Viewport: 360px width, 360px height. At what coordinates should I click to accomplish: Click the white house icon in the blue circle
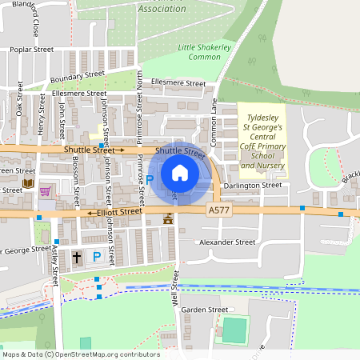(180, 172)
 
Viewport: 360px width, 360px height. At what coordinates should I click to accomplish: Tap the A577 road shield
(218, 210)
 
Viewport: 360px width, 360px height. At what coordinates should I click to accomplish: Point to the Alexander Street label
(226, 242)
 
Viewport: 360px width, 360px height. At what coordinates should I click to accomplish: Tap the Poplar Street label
(31, 50)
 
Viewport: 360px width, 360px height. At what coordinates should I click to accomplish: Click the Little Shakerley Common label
(204, 53)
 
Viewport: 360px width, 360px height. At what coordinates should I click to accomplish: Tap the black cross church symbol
(77, 257)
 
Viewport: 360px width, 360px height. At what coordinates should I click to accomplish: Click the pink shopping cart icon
(46, 191)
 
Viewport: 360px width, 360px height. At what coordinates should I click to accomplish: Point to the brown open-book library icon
(28, 184)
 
